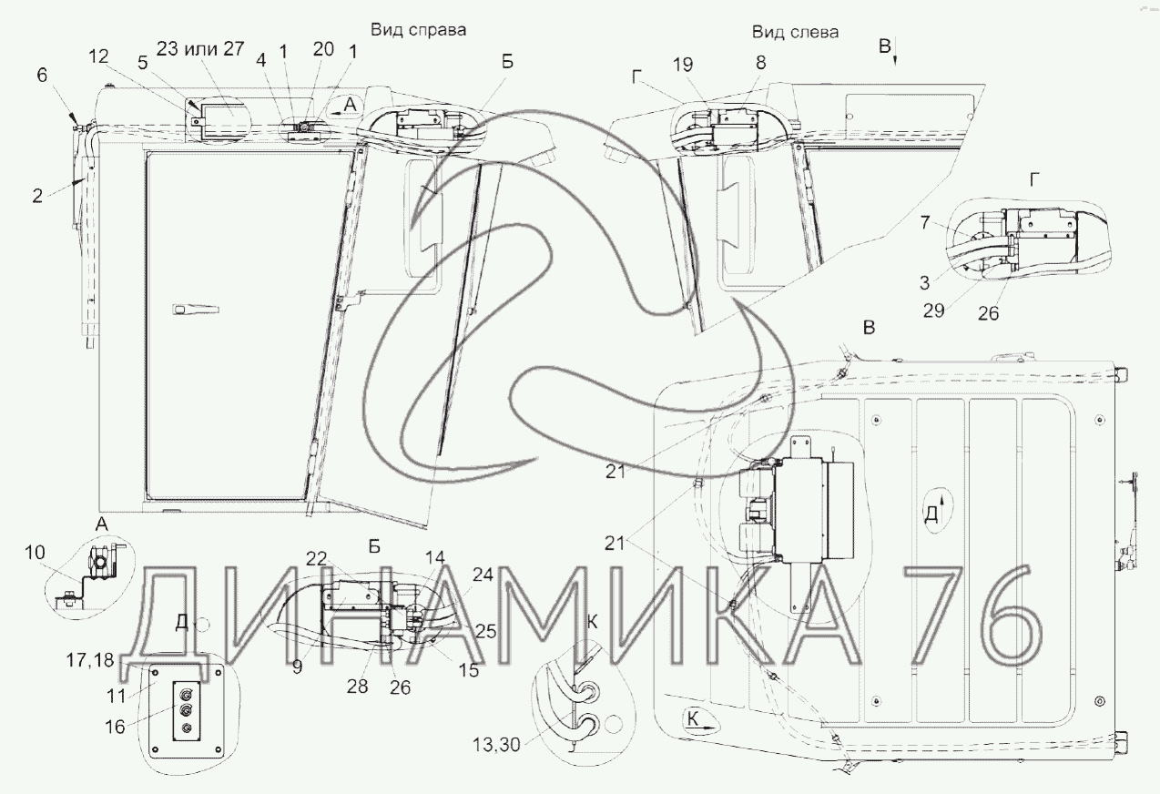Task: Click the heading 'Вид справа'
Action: tap(418, 31)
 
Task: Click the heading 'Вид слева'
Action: tap(795, 33)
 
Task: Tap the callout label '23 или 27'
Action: tap(200, 48)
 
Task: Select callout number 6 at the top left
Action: tap(42, 75)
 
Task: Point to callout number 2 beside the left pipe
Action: tap(37, 196)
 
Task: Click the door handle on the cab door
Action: tap(196, 310)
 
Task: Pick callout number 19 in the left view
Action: tap(683, 65)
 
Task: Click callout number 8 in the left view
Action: tap(760, 63)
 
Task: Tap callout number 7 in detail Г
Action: tap(925, 223)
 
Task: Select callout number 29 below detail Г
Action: tap(933, 310)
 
